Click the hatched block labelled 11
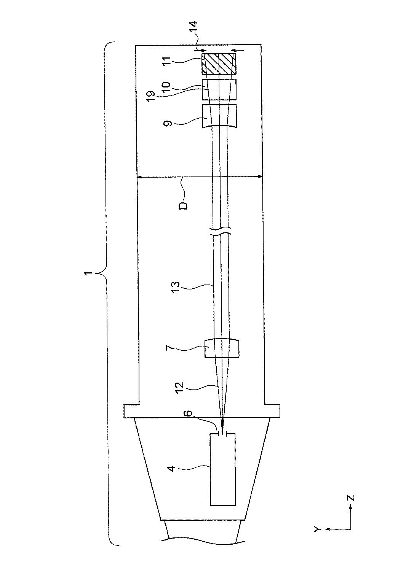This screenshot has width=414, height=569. (219, 64)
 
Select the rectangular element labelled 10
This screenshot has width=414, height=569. (219, 89)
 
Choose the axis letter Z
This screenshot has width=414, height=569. (351, 498)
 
